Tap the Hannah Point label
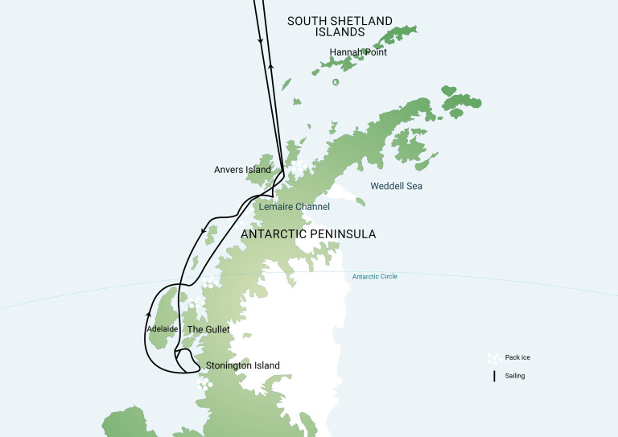(358, 52)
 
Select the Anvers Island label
(242, 170)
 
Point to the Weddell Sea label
(396, 186)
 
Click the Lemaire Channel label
(295, 207)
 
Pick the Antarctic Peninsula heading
(308, 234)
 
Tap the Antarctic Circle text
(374, 277)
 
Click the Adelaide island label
(163, 329)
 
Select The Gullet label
(208, 329)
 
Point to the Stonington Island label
(243, 365)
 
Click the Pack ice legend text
(519, 357)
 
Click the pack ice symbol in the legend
(493, 358)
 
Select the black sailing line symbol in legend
(493, 375)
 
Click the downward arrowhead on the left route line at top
(259, 40)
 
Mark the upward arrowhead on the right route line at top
(271, 68)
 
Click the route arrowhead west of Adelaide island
(149, 306)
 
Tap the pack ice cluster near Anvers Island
(299, 167)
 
